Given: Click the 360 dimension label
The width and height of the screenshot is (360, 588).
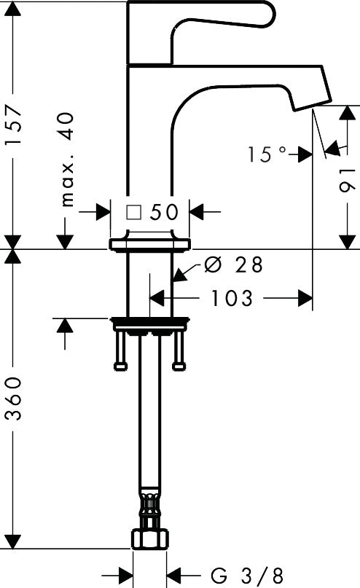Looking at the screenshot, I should tap(15, 399).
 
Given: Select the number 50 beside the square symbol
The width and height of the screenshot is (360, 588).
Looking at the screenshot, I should tap(165, 212).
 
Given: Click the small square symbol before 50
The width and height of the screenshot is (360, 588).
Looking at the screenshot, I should tap(133, 212).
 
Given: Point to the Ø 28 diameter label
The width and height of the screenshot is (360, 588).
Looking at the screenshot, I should tap(233, 265).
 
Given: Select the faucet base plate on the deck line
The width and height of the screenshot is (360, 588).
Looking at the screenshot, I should tap(150, 244).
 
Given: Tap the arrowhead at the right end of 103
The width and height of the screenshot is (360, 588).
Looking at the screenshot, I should tap(306, 298).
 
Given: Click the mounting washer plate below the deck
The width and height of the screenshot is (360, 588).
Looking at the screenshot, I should tap(149, 321).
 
